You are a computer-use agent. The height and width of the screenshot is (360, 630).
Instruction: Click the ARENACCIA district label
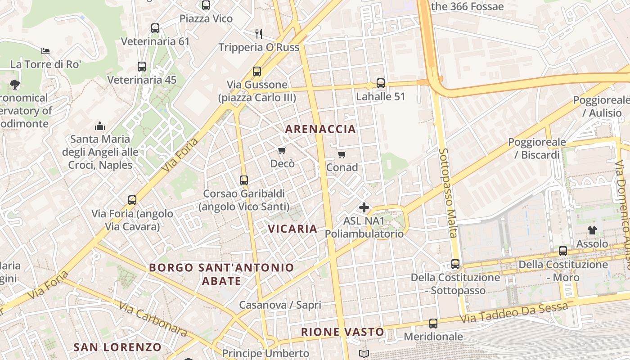click(320, 129)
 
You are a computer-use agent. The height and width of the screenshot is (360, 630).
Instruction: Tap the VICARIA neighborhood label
click(292, 229)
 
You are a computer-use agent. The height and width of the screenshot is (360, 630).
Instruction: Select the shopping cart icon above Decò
click(282, 150)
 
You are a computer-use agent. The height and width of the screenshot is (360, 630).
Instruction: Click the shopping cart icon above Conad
click(342, 155)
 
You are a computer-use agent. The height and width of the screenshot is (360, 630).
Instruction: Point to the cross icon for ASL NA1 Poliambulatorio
click(364, 207)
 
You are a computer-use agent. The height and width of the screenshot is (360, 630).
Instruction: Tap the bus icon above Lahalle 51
click(381, 83)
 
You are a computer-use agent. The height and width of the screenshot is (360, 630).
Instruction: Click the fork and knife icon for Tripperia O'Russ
click(259, 34)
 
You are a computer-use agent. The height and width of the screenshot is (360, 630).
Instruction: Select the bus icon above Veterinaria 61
click(155, 28)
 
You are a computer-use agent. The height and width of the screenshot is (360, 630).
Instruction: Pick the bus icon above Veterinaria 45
click(142, 67)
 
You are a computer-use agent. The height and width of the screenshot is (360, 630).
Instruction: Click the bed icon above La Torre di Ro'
click(45, 51)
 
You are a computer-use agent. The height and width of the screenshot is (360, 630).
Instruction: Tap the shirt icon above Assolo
click(592, 230)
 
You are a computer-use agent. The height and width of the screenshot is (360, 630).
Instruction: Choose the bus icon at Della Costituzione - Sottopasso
click(455, 264)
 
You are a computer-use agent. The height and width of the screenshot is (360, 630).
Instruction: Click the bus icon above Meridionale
click(433, 323)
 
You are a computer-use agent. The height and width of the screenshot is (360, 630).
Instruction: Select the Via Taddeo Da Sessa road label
click(514, 314)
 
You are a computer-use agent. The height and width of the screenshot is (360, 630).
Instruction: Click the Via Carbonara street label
click(153, 319)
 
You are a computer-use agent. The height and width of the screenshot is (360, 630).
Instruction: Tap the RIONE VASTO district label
click(342, 332)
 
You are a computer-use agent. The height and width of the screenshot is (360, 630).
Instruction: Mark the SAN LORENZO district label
click(117, 347)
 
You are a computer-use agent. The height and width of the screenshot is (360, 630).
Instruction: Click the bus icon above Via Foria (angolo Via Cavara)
click(132, 200)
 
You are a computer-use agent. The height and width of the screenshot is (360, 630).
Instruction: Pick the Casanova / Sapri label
click(280, 305)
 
